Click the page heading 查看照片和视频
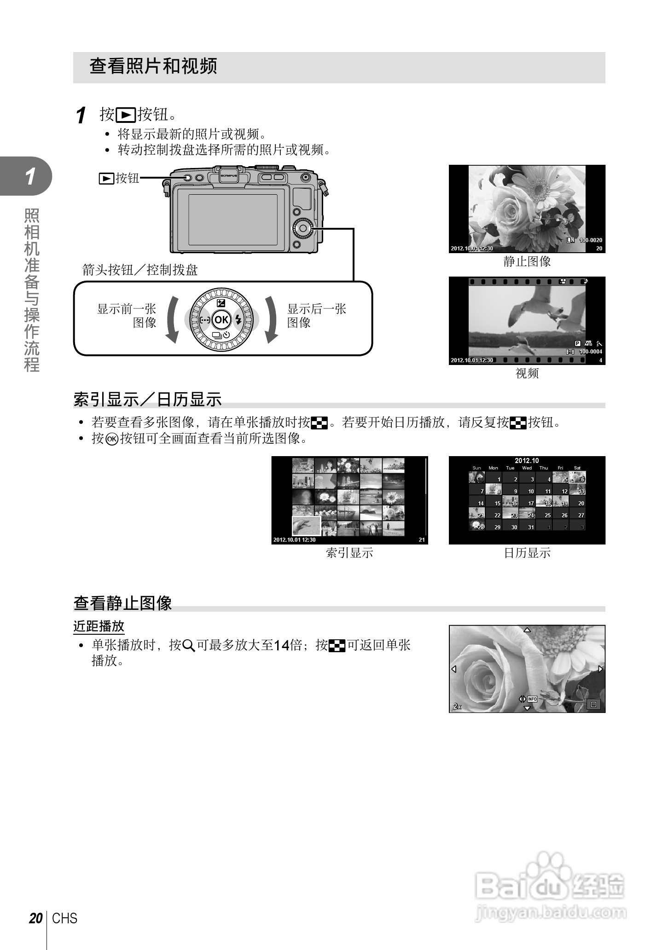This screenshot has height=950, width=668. (x=153, y=66)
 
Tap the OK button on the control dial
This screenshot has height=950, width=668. (x=221, y=320)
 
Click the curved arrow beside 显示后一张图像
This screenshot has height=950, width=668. (x=271, y=320)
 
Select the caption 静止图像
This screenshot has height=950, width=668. (x=527, y=262)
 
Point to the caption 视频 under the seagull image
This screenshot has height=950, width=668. (x=527, y=373)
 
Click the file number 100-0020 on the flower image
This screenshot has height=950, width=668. (x=590, y=240)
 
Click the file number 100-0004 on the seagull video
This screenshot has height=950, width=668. (x=590, y=352)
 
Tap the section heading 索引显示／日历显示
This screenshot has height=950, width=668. (x=147, y=400)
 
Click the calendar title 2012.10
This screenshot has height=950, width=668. (x=527, y=461)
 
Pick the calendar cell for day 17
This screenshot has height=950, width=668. (x=527, y=503)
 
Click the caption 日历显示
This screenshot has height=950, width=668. (x=527, y=553)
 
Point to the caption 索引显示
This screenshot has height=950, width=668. (x=349, y=553)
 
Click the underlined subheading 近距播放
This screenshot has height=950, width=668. (x=99, y=626)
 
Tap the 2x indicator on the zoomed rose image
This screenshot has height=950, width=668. (x=457, y=706)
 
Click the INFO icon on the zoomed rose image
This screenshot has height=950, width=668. (x=532, y=699)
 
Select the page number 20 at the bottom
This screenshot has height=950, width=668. (x=35, y=919)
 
